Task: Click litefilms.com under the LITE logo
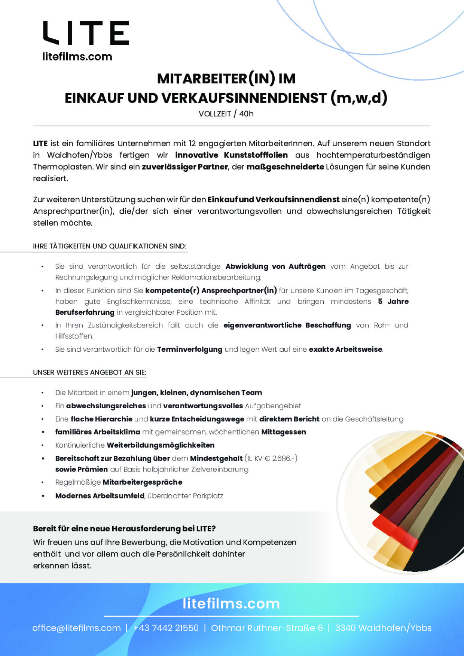coord(77,57)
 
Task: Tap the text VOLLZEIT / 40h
coord(226,114)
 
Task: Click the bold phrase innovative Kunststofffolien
coord(231,155)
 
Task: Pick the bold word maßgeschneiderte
coord(285,167)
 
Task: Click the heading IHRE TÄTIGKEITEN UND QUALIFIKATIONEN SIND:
coord(110,246)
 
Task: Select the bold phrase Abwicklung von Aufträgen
coord(275,266)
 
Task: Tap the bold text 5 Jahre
coord(393,301)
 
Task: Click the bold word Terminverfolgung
coord(190,349)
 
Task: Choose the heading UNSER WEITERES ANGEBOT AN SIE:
coord(89,372)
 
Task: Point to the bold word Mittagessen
coord(284,432)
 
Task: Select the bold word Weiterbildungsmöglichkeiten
coord(161,445)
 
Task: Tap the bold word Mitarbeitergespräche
coord(143,482)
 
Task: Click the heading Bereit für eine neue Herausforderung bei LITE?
coord(124,528)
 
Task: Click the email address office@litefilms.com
coord(76,628)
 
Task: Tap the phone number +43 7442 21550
coord(166,628)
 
